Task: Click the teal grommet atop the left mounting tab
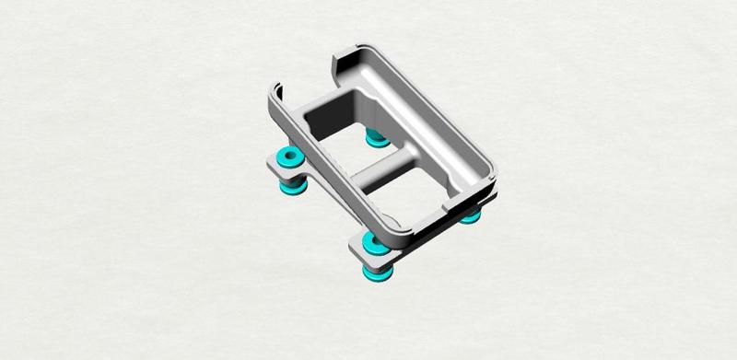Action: (289, 157)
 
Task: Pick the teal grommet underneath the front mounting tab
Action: (380, 273)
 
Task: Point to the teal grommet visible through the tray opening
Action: (375, 139)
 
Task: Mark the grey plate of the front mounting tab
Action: (359, 249)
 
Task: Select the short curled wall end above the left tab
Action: (277, 97)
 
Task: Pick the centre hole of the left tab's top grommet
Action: (289, 157)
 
